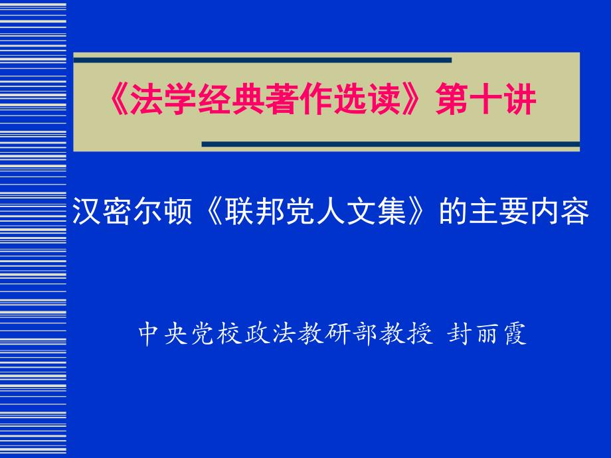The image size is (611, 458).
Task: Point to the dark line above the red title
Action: tap(262, 60)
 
